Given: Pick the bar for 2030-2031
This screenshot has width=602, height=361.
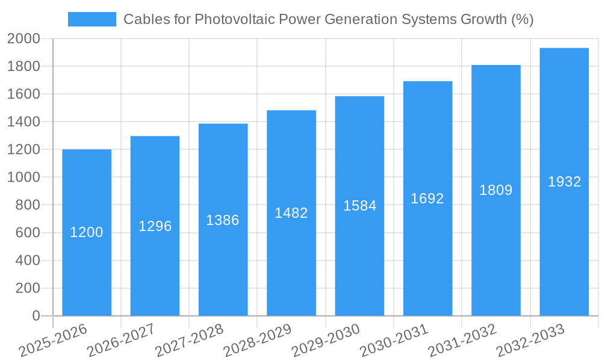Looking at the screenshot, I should point(427,253).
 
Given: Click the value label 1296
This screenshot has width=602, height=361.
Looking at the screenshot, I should point(155,226).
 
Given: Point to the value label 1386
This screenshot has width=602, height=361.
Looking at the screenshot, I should point(223,220).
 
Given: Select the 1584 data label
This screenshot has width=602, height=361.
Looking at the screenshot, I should point(360,206).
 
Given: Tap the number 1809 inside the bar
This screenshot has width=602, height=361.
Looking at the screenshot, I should point(496,190).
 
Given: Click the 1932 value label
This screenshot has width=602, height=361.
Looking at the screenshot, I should point(564,182).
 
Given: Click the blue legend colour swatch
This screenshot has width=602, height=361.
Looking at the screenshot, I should point(92,19).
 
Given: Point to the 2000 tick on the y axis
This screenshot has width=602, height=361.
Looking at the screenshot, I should point(24,39).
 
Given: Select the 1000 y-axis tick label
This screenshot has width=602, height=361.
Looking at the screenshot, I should point(24,177).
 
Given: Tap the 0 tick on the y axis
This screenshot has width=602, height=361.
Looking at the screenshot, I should point(36,316).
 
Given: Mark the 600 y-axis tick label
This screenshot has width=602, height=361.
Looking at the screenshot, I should point(28,233).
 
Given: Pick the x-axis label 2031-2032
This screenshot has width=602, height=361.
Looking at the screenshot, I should point(462,341).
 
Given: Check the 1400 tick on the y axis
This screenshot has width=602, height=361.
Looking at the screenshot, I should point(24,122).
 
